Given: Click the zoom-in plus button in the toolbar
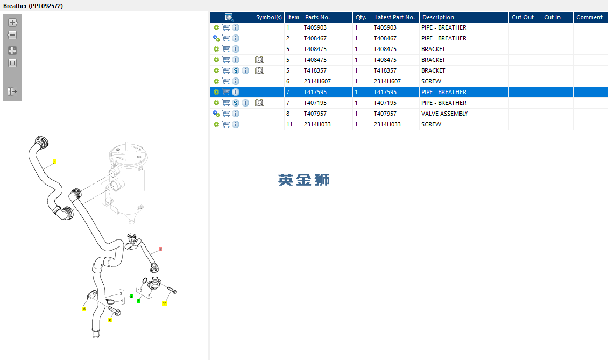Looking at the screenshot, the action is (x=12, y=23).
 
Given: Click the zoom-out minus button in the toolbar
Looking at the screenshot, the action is (x=12, y=35).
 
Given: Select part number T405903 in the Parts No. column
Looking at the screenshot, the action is (x=315, y=27).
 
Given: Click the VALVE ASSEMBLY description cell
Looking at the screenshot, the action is (x=444, y=114).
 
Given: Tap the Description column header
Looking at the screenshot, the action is (x=438, y=17).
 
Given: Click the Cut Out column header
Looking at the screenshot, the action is (x=522, y=17).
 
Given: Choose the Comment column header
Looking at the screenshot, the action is (x=589, y=17).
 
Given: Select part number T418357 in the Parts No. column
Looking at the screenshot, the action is (x=315, y=70).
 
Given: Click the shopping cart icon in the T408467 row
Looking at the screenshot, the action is (x=226, y=38).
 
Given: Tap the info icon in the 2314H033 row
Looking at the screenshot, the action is (x=236, y=124).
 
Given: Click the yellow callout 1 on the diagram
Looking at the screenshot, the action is (x=55, y=162).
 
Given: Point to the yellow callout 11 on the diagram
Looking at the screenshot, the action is (x=165, y=303).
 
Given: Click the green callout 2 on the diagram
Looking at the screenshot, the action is (x=131, y=296).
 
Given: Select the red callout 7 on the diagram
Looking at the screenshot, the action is (x=161, y=249).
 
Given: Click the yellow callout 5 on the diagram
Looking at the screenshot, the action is (x=84, y=309).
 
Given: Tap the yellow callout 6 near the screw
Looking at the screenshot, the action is (x=110, y=320).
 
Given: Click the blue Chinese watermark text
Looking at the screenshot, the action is (x=303, y=180).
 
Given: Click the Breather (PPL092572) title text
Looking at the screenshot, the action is (x=33, y=6).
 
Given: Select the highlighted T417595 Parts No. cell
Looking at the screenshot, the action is (x=315, y=93).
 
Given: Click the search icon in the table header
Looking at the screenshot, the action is (x=229, y=17).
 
